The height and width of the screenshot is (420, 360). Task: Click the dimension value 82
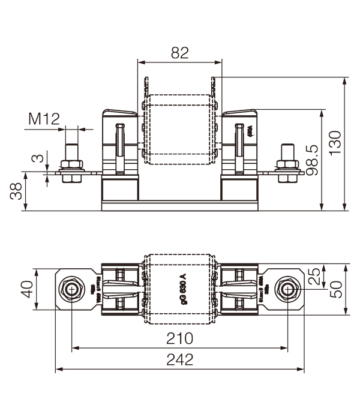179,53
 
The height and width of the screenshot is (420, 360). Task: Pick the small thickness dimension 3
38,160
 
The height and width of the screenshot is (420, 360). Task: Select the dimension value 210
179,338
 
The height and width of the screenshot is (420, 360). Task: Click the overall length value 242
179,359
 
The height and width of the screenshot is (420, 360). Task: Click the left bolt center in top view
72,289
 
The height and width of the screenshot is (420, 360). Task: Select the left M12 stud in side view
71,153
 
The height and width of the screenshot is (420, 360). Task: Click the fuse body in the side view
179,129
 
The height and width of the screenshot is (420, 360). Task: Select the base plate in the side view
179,206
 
